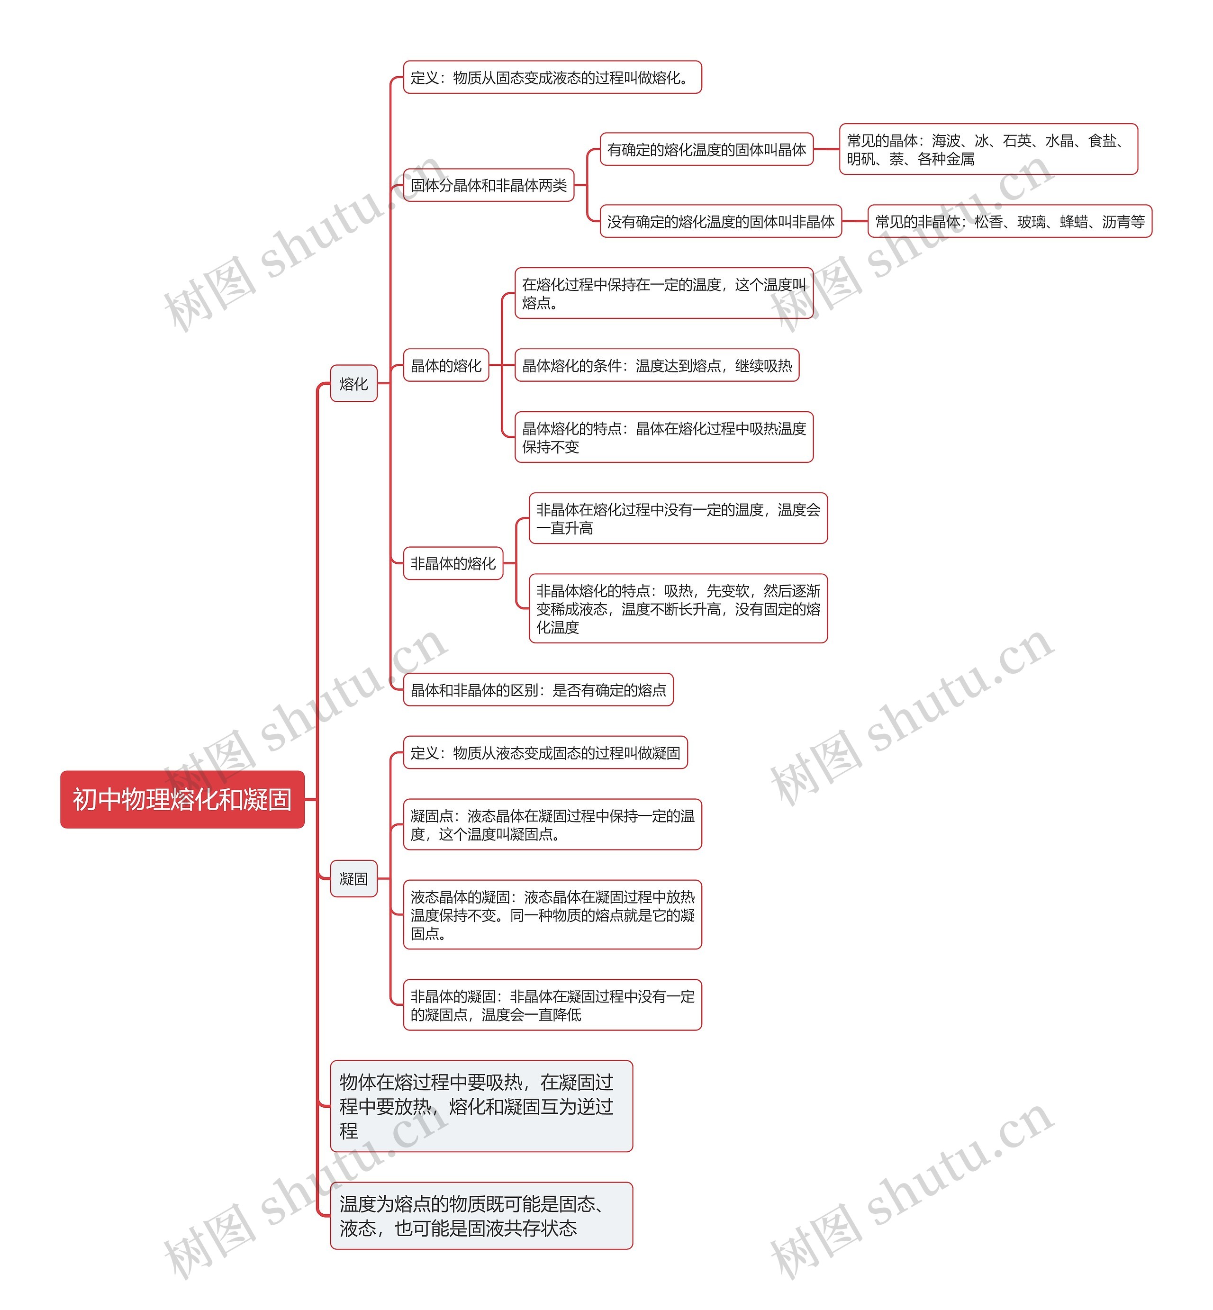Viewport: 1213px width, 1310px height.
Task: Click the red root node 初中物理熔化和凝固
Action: point(182,799)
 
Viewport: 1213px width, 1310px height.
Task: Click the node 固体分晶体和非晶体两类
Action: point(489,185)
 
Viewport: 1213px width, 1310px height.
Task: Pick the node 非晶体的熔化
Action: point(453,563)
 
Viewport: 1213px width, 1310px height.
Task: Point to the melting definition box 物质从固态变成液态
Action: point(552,77)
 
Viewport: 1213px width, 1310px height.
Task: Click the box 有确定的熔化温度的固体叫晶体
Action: point(706,150)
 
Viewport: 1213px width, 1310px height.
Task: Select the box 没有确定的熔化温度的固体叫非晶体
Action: point(721,221)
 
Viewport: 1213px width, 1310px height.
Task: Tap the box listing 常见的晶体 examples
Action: point(988,149)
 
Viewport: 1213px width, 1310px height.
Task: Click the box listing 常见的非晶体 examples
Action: point(1010,221)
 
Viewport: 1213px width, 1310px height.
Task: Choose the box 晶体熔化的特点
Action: point(664,437)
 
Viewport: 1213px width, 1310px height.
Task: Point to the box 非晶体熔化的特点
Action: point(678,608)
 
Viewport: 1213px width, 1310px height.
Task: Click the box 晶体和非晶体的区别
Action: point(538,690)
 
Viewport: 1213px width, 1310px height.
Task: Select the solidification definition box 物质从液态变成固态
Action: point(545,752)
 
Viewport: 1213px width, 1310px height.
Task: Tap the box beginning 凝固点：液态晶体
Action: point(552,824)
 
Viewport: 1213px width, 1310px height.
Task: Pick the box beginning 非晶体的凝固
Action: point(552,1005)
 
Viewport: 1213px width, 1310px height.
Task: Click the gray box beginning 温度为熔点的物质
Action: point(481,1216)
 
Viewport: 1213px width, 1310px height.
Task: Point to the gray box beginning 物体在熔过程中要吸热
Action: point(481,1106)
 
